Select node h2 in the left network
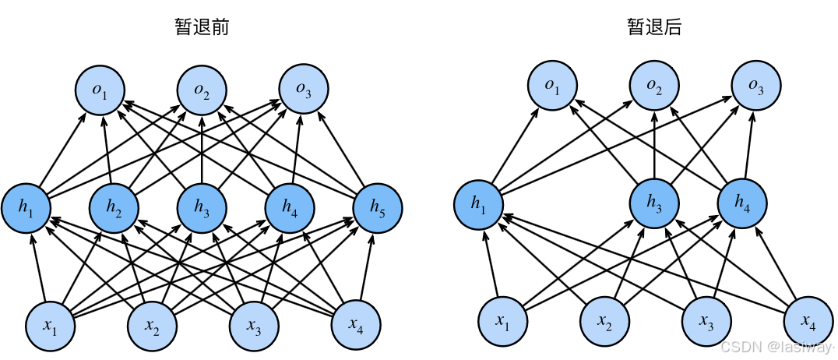coord(114,206)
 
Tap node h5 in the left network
coord(378,206)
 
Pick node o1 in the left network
coord(100,90)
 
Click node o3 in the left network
coord(304,90)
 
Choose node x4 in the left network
coord(356,324)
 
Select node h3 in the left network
coord(202,206)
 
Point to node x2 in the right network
coord(604,321)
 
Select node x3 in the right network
coord(706,321)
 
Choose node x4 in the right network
coord(808,321)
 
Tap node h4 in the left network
coord(290,206)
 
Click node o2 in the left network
coord(202,90)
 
